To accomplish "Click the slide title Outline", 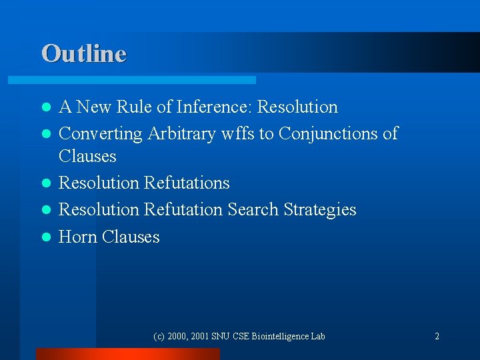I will point(83,53).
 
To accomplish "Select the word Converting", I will point(101,133).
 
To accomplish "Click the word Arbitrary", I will point(178,133).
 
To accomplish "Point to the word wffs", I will point(234,133).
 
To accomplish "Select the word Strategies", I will point(320,209).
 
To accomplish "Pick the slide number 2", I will point(437,336).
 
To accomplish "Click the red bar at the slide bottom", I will point(127,354).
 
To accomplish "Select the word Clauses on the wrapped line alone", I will point(87,156).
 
